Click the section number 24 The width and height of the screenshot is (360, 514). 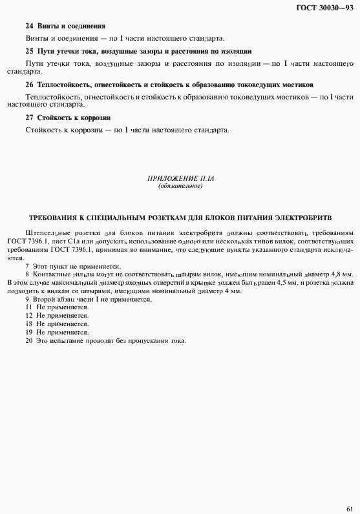coord(29,26)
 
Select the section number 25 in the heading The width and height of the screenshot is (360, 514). coord(29,50)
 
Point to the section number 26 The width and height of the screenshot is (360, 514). coord(29,85)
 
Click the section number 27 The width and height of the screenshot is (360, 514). coord(29,118)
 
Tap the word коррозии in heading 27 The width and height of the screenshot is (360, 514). coord(96,118)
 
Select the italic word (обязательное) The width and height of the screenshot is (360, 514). coord(180,186)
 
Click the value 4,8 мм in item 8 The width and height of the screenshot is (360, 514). coord(341,274)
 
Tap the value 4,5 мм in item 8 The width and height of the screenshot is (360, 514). coord(271,283)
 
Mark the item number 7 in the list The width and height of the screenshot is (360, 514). coord(27,266)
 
